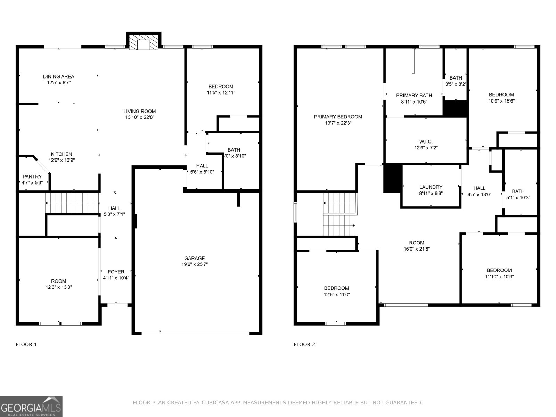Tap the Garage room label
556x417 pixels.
pyautogui.click(x=194, y=258)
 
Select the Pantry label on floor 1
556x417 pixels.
pyautogui.click(x=32, y=177)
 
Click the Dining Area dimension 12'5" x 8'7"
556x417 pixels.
pyautogui.click(x=59, y=83)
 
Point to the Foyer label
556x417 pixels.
pyautogui.click(x=116, y=272)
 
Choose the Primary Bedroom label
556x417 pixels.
pyautogui.click(x=338, y=117)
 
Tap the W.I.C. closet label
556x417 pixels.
pyautogui.click(x=426, y=141)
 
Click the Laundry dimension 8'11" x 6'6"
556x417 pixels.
pyautogui.click(x=431, y=193)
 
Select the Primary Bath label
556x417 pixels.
pyautogui.click(x=414, y=95)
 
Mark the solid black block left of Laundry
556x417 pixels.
pyautogui.click(x=392, y=178)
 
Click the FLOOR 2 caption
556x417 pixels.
pyautogui.click(x=304, y=344)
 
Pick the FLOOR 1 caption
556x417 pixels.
pyautogui.click(x=26, y=344)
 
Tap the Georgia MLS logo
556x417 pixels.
pyautogui.click(x=31, y=406)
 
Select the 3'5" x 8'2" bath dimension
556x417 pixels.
pyautogui.click(x=456, y=84)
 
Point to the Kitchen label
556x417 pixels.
pyautogui.click(x=62, y=154)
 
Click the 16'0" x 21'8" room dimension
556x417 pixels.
pyautogui.click(x=416, y=249)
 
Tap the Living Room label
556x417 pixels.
pyautogui.click(x=139, y=111)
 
